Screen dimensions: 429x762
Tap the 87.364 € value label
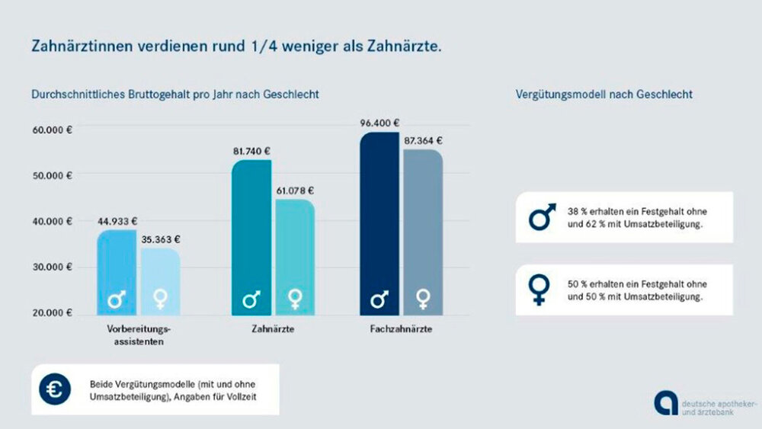click(x=424, y=141)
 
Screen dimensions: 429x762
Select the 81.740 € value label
click(x=252, y=151)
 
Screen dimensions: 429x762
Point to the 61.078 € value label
click(x=295, y=190)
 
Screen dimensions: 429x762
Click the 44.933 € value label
click(x=117, y=222)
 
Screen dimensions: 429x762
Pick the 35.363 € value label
click(x=160, y=239)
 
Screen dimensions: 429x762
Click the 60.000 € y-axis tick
click(x=52, y=130)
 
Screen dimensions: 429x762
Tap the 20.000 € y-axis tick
click(x=52, y=313)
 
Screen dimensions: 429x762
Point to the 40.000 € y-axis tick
click(x=52, y=222)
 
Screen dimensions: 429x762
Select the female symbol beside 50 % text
click(x=540, y=290)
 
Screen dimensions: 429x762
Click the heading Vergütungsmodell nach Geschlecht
click(x=604, y=95)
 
